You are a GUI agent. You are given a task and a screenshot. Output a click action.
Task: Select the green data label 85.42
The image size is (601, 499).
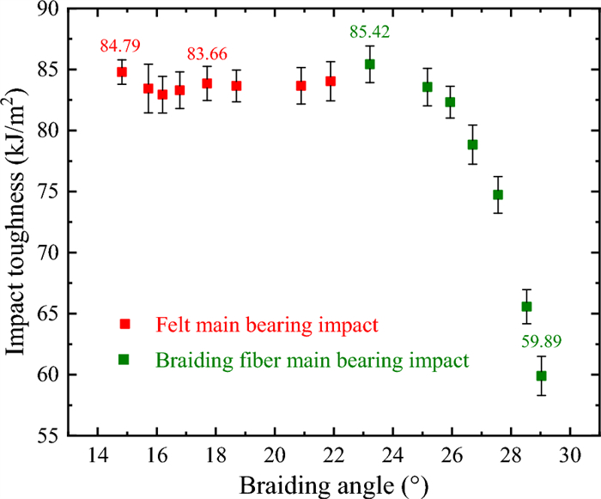(x=370, y=33)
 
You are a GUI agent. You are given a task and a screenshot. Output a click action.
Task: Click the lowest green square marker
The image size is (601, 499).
(x=542, y=375)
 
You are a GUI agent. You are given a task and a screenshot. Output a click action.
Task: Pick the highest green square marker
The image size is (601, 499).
(x=370, y=64)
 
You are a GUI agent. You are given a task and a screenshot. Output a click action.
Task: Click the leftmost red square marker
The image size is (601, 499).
(x=121, y=71)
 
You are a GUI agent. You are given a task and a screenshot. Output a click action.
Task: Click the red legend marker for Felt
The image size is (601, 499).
(x=124, y=324)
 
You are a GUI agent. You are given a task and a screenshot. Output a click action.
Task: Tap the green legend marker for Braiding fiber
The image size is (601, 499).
(x=124, y=360)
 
